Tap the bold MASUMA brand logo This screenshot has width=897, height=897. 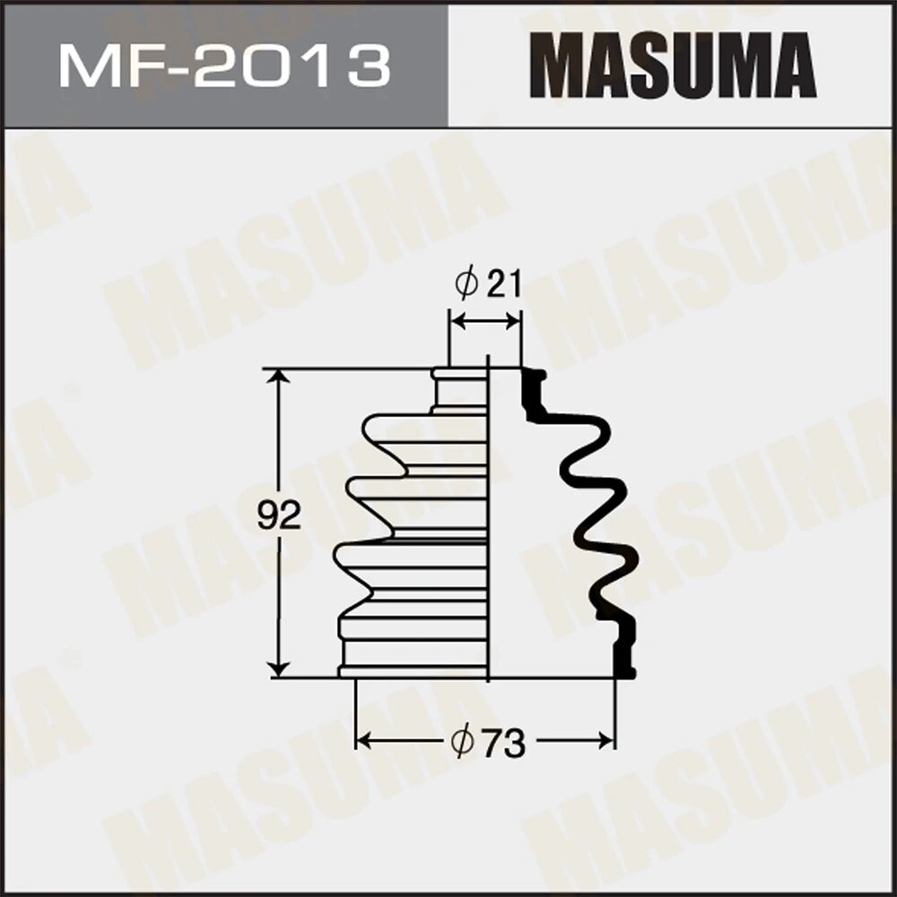pyautogui.click(x=673, y=64)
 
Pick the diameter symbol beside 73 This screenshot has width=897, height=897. pyautogui.click(x=462, y=744)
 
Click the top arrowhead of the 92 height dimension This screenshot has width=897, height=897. pyautogui.click(x=281, y=375)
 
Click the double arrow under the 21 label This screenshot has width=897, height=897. pyautogui.click(x=484, y=321)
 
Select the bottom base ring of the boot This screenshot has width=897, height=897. pyautogui.click(x=414, y=671)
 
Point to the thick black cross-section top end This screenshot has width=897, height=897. pyautogui.click(x=533, y=386)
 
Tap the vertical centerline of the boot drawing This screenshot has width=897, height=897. pyautogui.click(x=488, y=520)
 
